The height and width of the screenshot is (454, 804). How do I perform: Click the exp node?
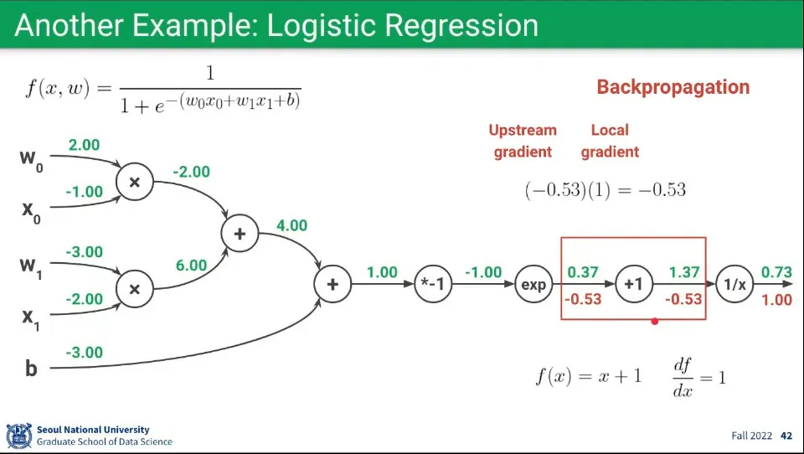coord(533,285)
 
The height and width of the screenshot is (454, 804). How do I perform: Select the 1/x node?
coord(734,285)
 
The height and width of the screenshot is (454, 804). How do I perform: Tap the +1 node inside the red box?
coord(633,285)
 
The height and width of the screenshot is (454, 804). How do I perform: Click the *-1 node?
coord(434,285)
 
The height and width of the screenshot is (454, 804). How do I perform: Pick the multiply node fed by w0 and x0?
coord(135,181)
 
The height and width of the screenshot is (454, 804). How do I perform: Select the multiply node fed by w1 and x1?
coord(135,289)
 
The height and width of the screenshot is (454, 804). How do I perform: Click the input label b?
coord(31,368)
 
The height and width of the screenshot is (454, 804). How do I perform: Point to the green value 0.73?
coord(776,272)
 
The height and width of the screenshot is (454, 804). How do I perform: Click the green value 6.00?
coord(191,265)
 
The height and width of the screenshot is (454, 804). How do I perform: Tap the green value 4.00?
coord(292,225)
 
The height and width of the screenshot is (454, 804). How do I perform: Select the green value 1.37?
coord(684,272)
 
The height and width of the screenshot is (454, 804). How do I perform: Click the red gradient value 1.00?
coord(776,300)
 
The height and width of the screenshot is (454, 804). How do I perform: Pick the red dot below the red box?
coord(654,321)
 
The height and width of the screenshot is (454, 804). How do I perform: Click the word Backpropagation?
coord(673,87)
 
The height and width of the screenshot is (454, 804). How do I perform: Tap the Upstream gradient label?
coord(523,141)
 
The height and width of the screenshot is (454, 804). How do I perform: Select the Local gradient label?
coord(610,141)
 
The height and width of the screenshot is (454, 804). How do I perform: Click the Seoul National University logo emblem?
coord(18,436)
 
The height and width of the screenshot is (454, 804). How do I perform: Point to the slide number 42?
coord(786,436)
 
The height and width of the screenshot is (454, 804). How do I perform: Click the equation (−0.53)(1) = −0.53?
coord(605,190)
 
